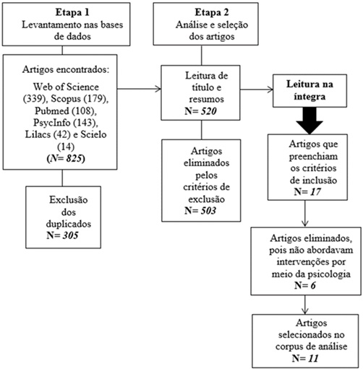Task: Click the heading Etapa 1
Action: [72, 12]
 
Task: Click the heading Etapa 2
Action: [212, 12]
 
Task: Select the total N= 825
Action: [66, 159]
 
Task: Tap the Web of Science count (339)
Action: [34, 99]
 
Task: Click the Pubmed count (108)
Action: [85, 110]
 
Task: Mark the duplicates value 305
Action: [71, 235]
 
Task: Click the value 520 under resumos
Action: [209, 111]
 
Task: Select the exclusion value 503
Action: [208, 211]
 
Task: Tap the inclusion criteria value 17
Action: [315, 192]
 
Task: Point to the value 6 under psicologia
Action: [313, 285]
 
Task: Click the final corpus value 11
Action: [313, 358]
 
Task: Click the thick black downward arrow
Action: [309, 121]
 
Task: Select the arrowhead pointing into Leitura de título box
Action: [158, 89]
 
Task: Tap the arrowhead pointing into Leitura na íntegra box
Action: [270, 90]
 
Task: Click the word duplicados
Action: [69, 224]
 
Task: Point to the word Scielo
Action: [93, 134]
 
